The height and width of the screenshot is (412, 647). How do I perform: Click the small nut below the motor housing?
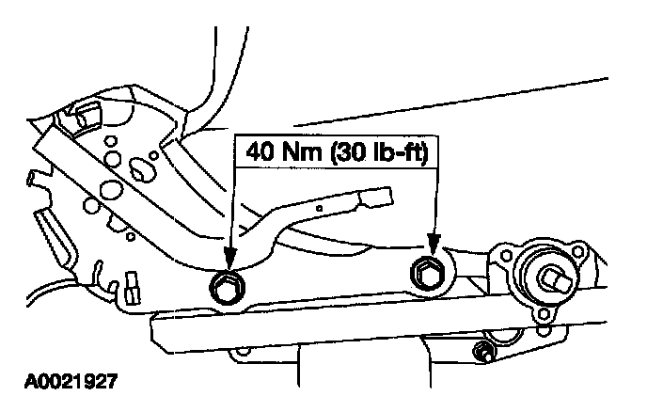(484, 354)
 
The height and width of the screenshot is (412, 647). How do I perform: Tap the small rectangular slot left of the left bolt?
(131, 281)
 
